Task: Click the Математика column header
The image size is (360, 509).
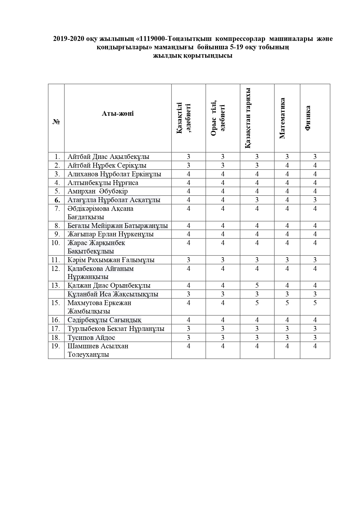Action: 282,118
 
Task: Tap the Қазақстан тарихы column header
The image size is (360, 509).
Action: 247,118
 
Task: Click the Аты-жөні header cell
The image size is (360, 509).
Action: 118,113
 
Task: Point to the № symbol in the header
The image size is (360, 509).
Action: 56,122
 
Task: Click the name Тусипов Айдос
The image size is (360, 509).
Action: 91,338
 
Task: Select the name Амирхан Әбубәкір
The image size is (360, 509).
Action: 97,191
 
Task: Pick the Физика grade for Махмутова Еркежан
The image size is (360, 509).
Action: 315,303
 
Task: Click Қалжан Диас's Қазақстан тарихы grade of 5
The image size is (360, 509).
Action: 257,285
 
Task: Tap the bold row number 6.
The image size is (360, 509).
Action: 57,200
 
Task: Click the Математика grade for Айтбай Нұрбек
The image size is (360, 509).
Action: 287,165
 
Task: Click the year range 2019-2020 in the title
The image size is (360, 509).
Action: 68,39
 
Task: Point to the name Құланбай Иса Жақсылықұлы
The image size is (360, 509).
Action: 113,294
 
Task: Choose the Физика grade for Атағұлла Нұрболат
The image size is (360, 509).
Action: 315,200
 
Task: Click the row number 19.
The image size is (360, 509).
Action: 56,346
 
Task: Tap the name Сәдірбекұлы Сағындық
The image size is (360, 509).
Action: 104,320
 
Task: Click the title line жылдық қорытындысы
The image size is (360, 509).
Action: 193,56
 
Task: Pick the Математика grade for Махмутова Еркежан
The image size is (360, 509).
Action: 287,303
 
